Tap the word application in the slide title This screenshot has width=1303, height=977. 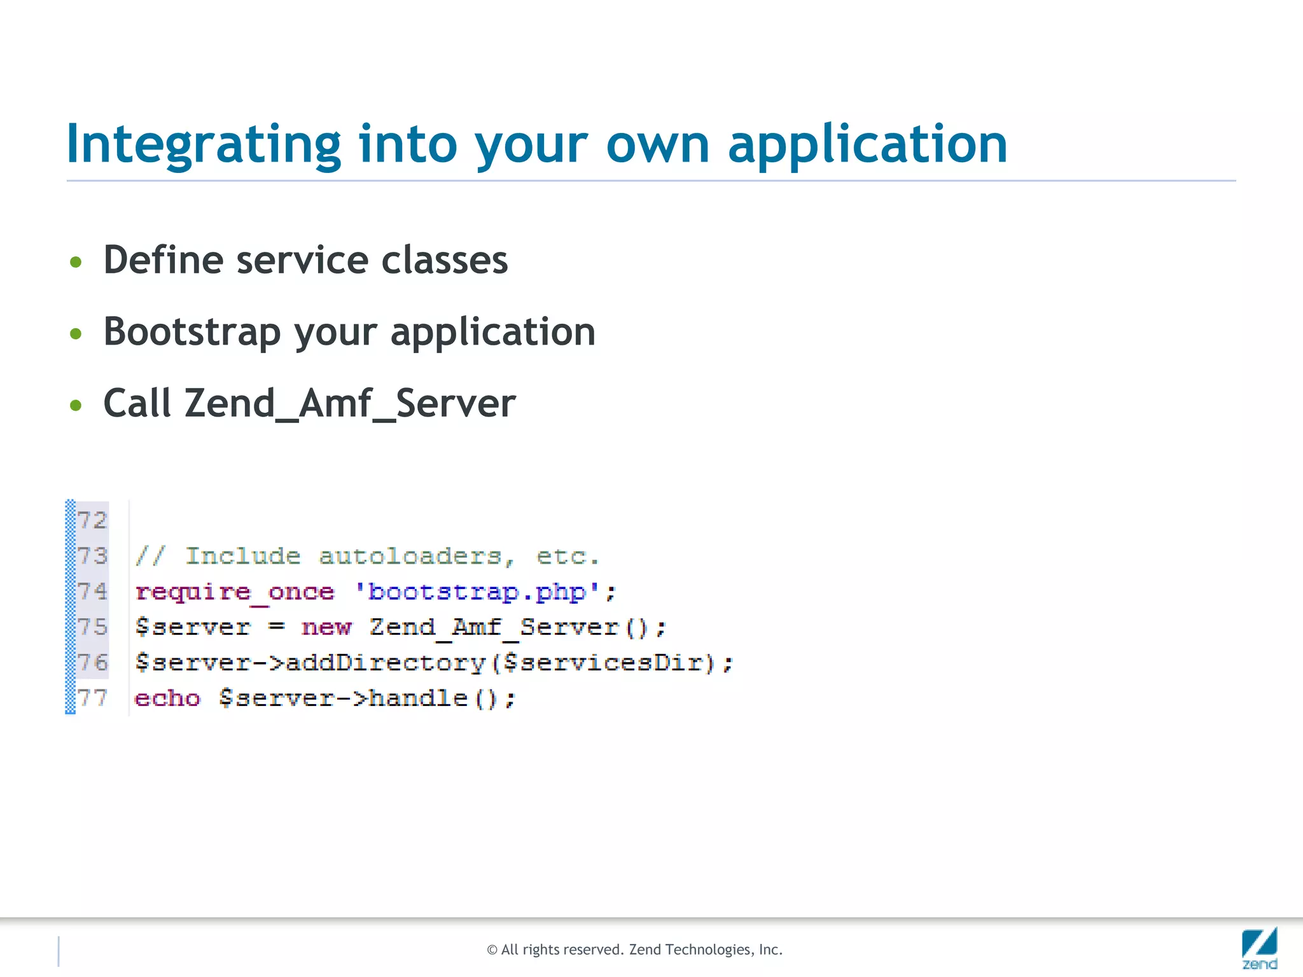click(867, 145)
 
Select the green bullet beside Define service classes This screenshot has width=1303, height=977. click(76, 262)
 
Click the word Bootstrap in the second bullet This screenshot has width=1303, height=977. click(192, 332)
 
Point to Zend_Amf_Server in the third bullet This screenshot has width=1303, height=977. click(350, 404)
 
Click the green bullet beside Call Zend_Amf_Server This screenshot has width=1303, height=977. click(76, 405)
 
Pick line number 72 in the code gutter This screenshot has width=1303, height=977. click(92, 520)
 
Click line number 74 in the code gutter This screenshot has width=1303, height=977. click(92, 592)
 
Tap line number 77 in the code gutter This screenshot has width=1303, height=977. click(92, 698)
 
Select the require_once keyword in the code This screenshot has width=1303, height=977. click(235, 592)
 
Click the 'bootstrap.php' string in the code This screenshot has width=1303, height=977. click(477, 592)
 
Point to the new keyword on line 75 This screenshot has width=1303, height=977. click(326, 628)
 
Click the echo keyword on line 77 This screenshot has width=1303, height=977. click(167, 698)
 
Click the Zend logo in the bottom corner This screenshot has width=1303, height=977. click(1259, 948)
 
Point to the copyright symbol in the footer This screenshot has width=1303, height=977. click(492, 950)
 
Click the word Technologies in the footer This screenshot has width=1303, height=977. click(709, 950)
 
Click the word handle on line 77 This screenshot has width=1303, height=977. click(418, 698)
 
